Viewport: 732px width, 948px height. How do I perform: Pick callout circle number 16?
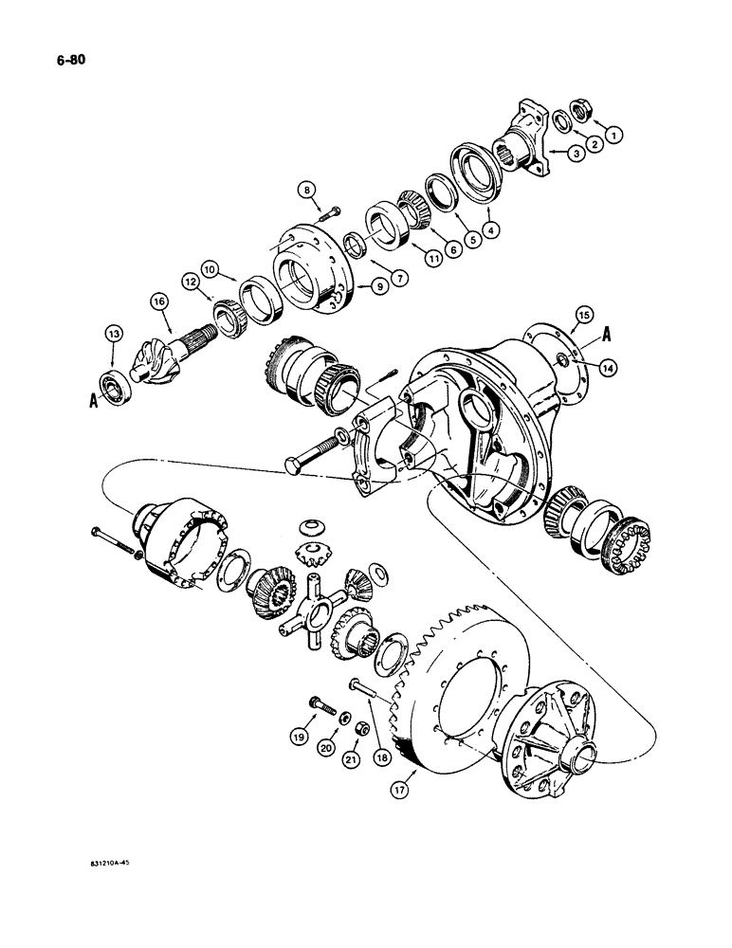pos(157,301)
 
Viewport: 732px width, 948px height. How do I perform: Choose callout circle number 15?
pos(583,315)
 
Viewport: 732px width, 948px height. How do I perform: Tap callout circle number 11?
pos(411,257)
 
